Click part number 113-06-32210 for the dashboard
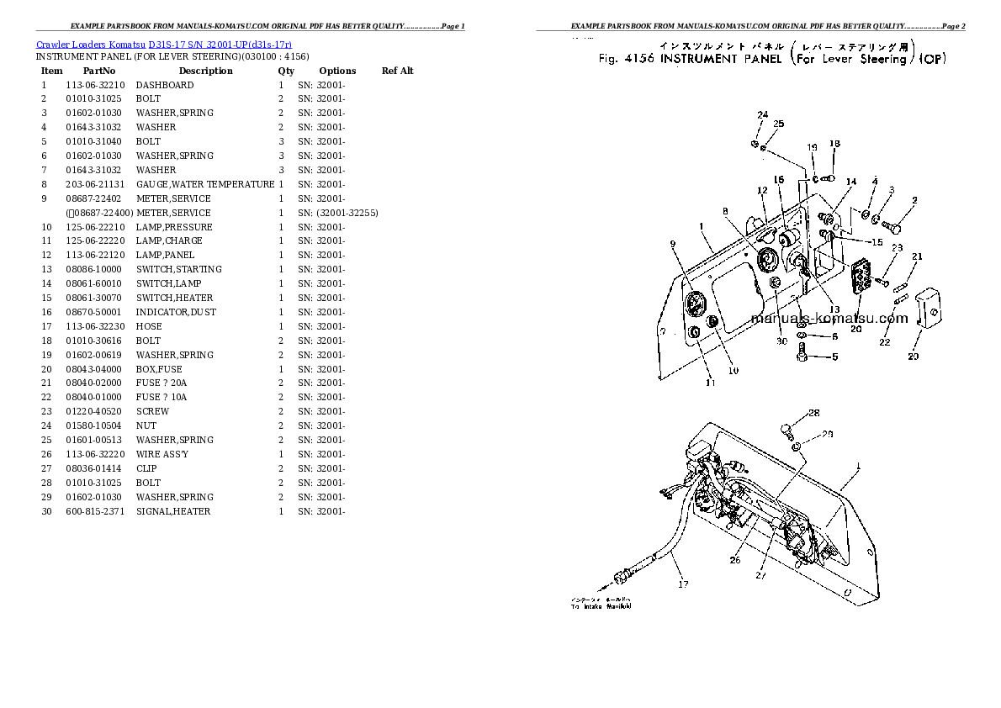pyautogui.click(x=95, y=85)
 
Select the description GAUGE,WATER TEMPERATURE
pyautogui.click(x=204, y=184)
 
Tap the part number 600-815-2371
pyautogui.click(x=93, y=511)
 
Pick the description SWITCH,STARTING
pyautogui.click(x=179, y=269)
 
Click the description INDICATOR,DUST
pyautogui.click(x=176, y=312)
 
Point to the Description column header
pyautogui.click(x=205, y=71)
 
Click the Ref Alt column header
pyautogui.click(x=397, y=71)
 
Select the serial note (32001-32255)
pyautogui.click(x=347, y=213)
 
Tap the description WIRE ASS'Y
pyautogui.click(x=162, y=454)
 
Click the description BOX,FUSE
pyautogui.click(x=159, y=369)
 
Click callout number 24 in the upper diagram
pyautogui.click(x=762, y=114)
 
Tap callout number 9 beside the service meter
pyautogui.click(x=673, y=244)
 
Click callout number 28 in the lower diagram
pyautogui.click(x=813, y=413)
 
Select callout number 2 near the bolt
pyautogui.click(x=914, y=200)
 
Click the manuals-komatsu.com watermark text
pyautogui.click(x=829, y=318)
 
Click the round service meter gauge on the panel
pyautogui.click(x=696, y=304)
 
